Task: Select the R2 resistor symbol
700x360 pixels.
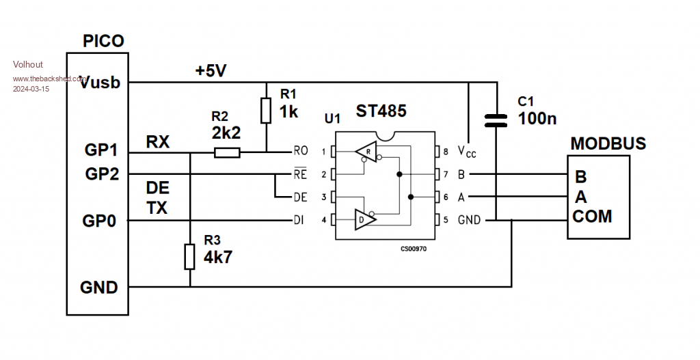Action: click(x=226, y=152)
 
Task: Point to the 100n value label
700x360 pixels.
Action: click(x=537, y=118)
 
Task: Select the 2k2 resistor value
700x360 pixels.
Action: click(x=226, y=133)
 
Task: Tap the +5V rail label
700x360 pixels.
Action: click(x=212, y=70)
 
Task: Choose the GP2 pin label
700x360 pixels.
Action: click(x=102, y=174)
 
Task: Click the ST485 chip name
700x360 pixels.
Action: click(x=381, y=111)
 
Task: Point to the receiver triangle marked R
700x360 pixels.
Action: click(x=367, y=151)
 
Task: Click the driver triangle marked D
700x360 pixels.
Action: click(x=364, y=221)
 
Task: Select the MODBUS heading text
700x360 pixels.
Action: click(x=608, y=144)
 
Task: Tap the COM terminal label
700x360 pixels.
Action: click(x=592, y=217)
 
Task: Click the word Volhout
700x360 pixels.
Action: click(x=28, y=64)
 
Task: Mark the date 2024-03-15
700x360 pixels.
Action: click(x=31, y=89)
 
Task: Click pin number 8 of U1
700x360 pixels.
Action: click(x=446, y=151)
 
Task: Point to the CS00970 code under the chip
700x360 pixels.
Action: click(x=413, y=249)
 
